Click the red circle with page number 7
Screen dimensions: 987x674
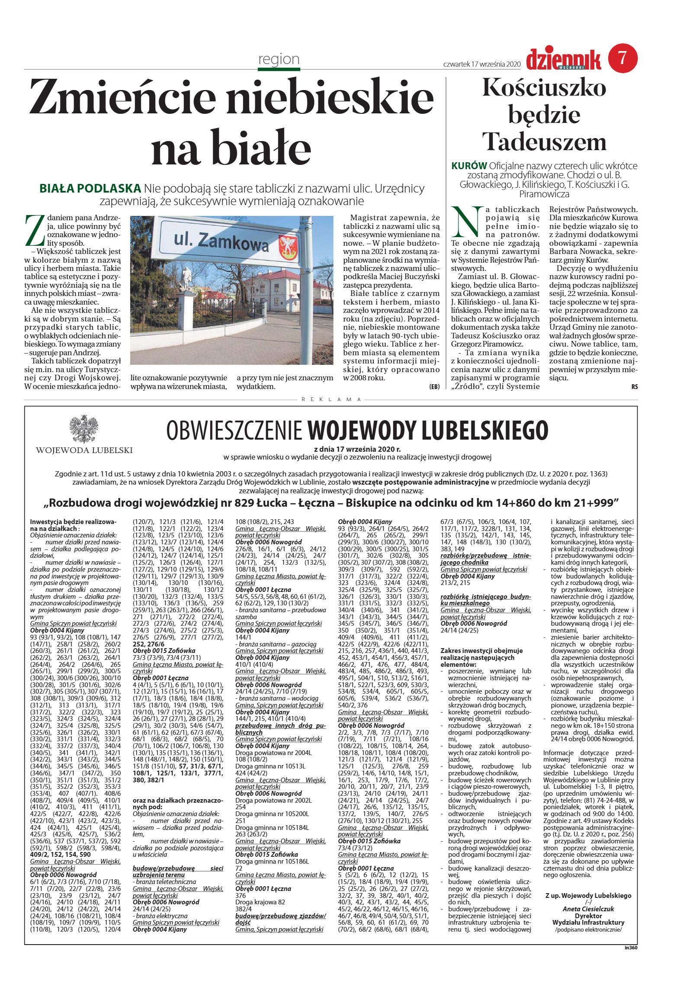tap(623, 58)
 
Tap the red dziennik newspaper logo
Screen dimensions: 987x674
tap(563, 60)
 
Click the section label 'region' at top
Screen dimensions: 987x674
tap(279, 59)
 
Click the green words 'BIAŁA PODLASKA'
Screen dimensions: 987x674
tap(90, 188)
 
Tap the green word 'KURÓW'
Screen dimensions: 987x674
tap(469, 166)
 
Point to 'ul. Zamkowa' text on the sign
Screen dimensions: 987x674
tap(221, 241)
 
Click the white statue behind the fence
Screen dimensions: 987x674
tap(186, 279)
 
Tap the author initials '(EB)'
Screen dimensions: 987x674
tap(434, 386)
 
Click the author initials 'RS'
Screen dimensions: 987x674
tap(634, 387)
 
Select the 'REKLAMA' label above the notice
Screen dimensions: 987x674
tap(331, 399)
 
